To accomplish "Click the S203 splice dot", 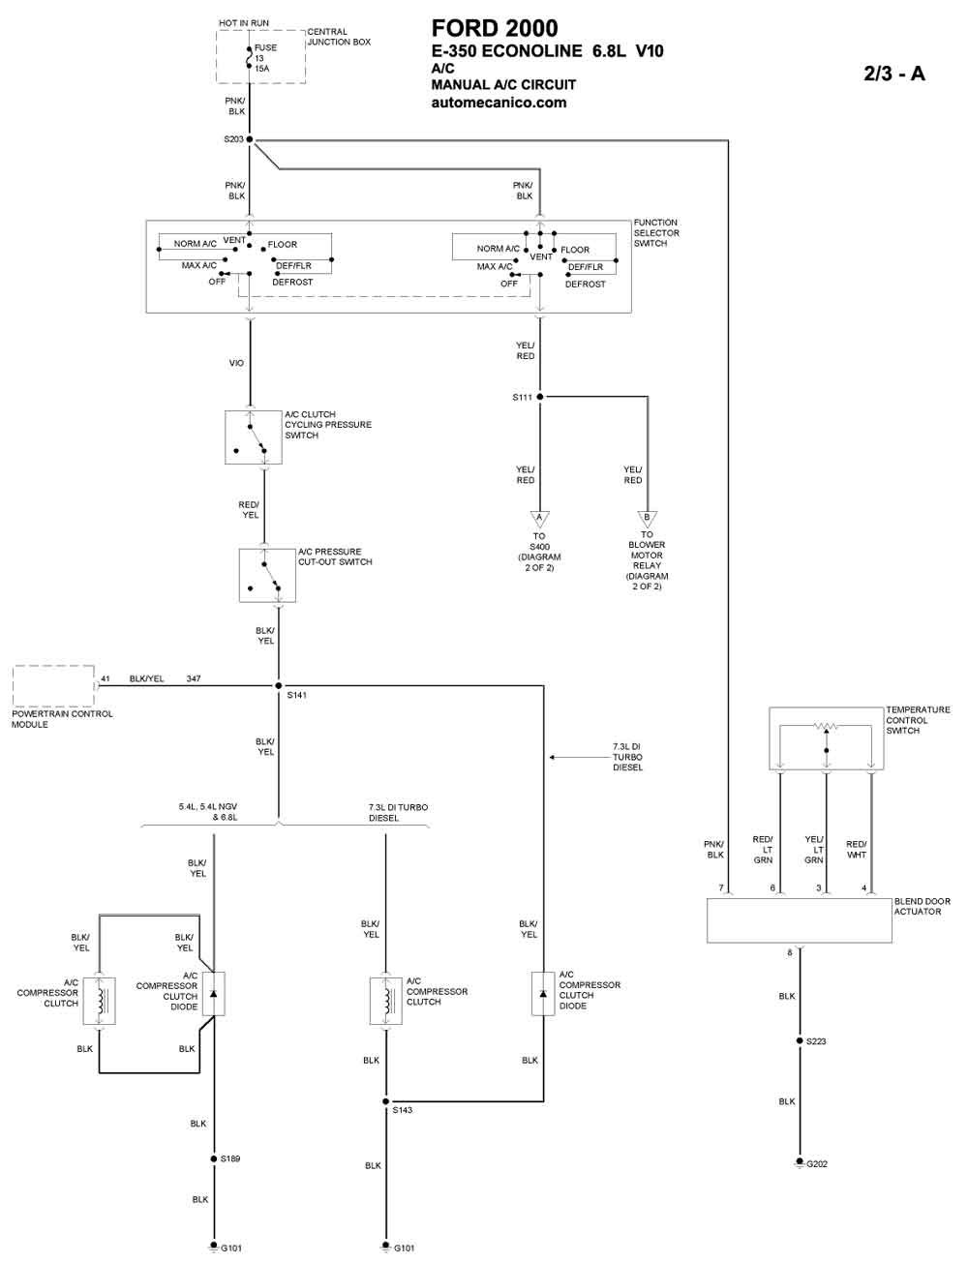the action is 250,139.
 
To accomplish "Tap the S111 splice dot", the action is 539,397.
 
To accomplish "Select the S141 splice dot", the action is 279,686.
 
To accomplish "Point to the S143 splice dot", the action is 385,1101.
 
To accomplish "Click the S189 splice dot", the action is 213,1158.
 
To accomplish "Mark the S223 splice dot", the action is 800,1040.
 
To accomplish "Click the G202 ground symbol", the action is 800,1162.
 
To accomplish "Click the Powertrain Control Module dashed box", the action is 53,686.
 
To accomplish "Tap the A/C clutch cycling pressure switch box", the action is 254,437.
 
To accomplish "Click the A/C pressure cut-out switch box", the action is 267,576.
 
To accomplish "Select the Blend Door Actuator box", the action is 799,920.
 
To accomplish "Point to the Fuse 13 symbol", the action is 250,57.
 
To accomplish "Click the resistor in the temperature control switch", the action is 826,726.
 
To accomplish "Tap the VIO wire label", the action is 236,363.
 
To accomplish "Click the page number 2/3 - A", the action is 894,74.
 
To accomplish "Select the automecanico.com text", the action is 499,103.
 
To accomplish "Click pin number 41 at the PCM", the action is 106,678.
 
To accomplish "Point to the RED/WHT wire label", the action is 857,849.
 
